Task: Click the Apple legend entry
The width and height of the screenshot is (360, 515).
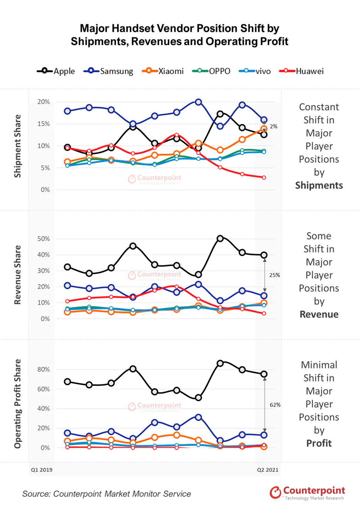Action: [x=56, y=71]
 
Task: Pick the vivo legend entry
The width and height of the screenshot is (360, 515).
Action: [x=255, y=71]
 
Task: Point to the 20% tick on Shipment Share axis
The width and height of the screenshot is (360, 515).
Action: [x=44, y=102]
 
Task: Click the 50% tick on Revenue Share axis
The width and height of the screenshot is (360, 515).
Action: [x=44, y=239]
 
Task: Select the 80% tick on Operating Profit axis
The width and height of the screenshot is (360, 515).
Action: [x=44, y=369]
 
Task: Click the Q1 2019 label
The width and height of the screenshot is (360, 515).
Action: [x=42, y=469]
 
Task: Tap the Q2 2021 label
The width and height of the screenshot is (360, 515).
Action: [x=267, y=469]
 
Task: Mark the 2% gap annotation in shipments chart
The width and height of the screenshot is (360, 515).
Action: [x=273, y=127]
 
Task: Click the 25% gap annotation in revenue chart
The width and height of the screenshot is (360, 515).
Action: [x=274, y=275]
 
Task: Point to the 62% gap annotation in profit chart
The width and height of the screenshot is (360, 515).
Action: [x=275, y=405]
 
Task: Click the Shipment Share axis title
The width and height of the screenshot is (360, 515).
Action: [x=17, y=146]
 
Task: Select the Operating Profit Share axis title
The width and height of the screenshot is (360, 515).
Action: [x=17, y=404]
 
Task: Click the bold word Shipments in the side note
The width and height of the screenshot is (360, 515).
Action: [x=319, y=186]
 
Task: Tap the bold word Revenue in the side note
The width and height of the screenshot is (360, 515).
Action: [x=319, y=314]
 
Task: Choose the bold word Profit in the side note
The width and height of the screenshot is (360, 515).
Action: [x=319, y=443]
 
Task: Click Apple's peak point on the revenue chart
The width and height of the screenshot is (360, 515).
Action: [x=220, y=238]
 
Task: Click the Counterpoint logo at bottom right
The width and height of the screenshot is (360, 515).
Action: [x=307, y=493]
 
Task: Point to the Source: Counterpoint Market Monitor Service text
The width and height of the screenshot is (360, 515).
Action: [x=106, y=494]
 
